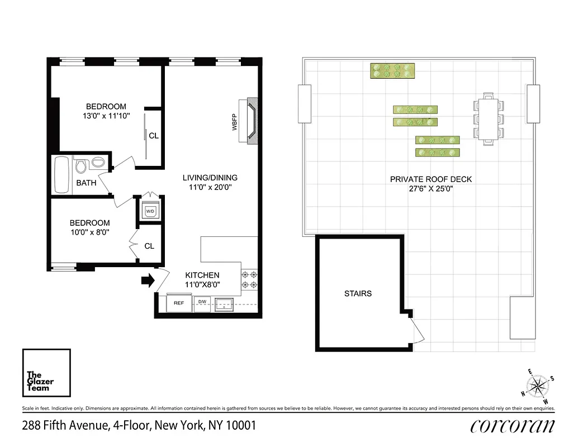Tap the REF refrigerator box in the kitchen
coord(179,303)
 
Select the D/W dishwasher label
coord(202,302)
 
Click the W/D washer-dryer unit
coord(150,211)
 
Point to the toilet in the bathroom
coord(80,165)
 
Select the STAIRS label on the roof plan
coord(358,293)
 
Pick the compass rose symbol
coord(538,385)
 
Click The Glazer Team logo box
coord(46,373)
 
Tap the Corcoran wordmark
coord(512,426)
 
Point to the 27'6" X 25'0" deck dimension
coord(430,189)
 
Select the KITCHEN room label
coord(202,275)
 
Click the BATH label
coord(86,183)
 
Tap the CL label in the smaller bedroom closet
coord(149,246)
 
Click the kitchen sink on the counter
coord(227,305)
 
